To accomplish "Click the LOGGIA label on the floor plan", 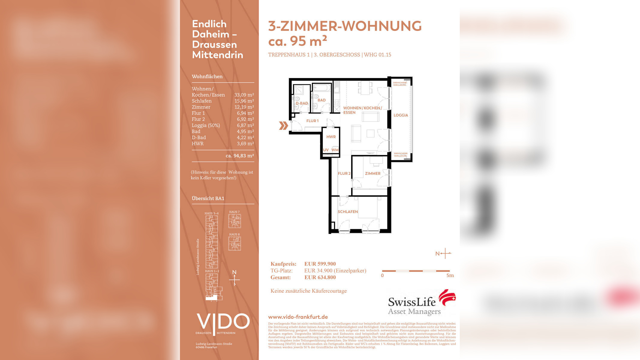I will tap(401, 115).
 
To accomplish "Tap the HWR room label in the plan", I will tap(331, 137).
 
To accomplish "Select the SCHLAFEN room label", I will tap(348, 212).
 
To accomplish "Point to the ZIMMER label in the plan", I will tap(372, 173).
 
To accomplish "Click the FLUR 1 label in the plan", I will tap(312, 121).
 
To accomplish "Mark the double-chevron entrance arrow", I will tap(283, 126).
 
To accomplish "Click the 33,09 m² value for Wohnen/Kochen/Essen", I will tap(244, 95).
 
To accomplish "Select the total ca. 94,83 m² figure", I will tap(240, 156).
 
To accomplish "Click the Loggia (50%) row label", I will tap(206, 125).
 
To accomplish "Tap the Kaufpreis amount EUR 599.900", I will tap(320, 264).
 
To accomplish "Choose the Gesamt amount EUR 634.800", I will tap(320, 277).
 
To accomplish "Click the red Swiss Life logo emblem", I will tap(447, 297).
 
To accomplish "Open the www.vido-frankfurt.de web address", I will tap(298, 317).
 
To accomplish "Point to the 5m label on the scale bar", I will tap(450, 275).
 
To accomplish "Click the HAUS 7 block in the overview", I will tap(235, 221).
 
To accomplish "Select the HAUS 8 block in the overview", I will tap(235, 243).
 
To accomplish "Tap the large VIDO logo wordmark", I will tap(223, 322).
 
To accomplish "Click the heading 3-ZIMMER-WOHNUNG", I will tap(345, 26).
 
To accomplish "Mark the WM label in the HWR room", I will tap(335, 150).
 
